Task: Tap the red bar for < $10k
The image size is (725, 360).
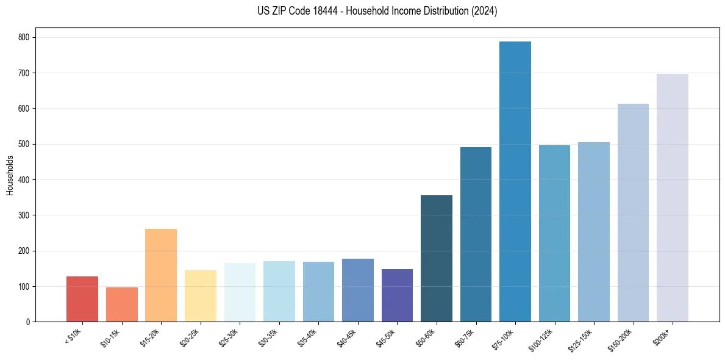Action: tap(82, 299)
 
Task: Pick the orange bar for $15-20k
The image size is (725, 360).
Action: tap(161, 275)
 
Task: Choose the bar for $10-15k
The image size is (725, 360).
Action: tap(121, 304)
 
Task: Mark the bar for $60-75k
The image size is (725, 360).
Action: tap(476, 234)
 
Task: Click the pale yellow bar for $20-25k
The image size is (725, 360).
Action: tap(200, 296)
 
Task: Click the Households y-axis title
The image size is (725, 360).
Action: tap(10, 175)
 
